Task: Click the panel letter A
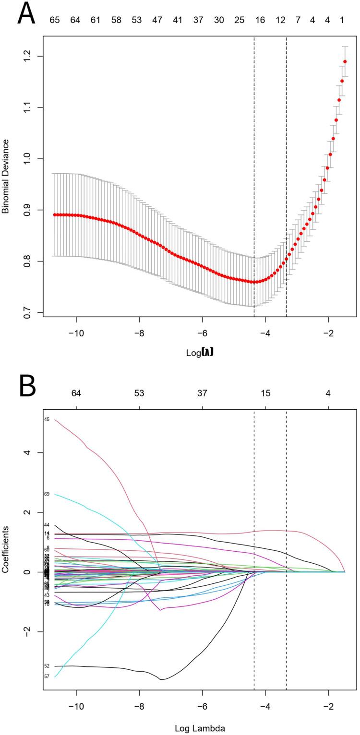pyautogui.click(x=26, y=14)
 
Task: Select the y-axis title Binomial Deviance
pyautogui.click(x=6, y=177)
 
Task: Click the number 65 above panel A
pyautogui.click(x=54, y=20)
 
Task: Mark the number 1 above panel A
pyautogui.click(x=342, y=20)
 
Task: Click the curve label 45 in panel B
pyautogui.click(x=47, y=419)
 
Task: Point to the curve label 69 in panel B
pyautogui.click(x=47, y=494)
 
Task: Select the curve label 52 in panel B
pyautogui.click(x=47, y=666)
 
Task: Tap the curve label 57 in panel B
pyautogui.click(x=47, y=676)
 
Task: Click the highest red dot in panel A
pyautogui.click(x=345, y=61)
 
